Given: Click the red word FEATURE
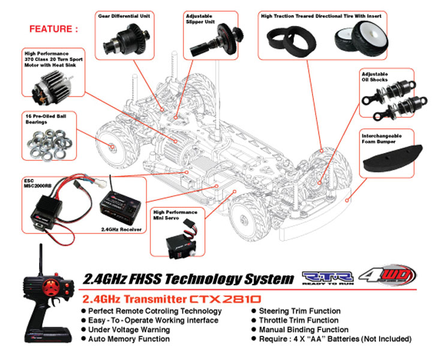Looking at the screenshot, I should tap(53, 28).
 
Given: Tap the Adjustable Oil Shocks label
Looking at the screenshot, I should tap(375, 76).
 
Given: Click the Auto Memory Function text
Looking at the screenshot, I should tap(125, 339).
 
